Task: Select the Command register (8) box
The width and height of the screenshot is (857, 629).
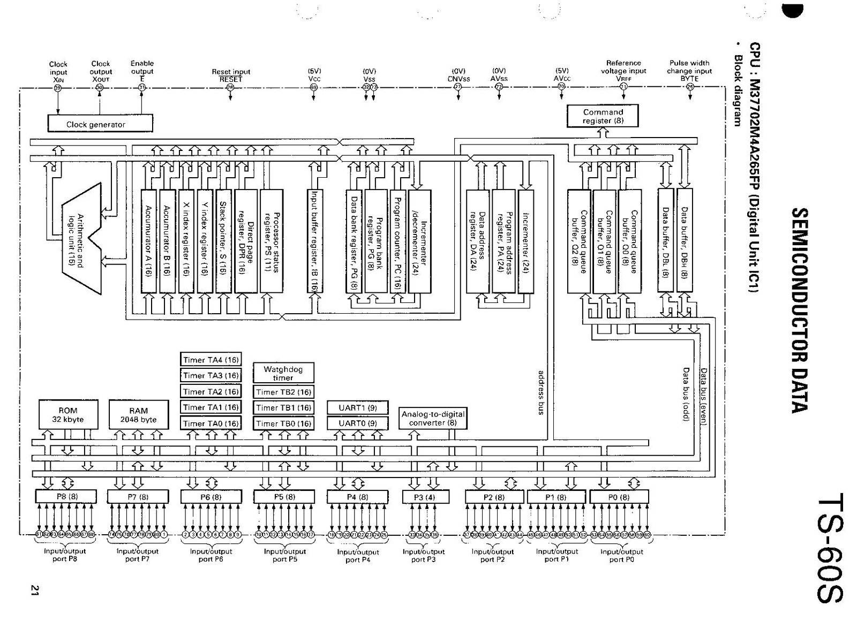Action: [x=603, y=116]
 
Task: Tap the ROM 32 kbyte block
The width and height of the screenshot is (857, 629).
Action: [x=68, y=415]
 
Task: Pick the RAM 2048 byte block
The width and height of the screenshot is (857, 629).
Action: [x=138, y=415]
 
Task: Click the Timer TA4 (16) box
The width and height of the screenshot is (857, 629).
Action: [x=211, y=360]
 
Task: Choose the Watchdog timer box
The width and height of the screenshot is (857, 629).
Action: [x=283, y=373]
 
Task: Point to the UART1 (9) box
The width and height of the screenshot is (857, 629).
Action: [x=357, y=407]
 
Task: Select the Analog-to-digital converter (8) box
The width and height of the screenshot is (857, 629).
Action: [x=433, y=418]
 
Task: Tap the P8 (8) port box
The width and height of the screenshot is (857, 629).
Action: [x=67, y=496]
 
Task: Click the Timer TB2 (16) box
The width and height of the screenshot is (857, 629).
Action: [x=283, y=392]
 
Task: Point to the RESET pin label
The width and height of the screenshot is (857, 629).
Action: [x=231, y=79]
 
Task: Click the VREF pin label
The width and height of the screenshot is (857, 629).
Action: [x=623, y=78]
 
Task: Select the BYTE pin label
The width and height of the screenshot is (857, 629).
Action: [x=689, y=78]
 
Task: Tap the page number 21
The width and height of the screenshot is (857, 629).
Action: [x=35, y=590]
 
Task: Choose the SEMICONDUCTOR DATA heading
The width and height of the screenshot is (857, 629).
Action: [x=799, y=310]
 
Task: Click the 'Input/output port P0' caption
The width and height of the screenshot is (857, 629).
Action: [x=621, y=555]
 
